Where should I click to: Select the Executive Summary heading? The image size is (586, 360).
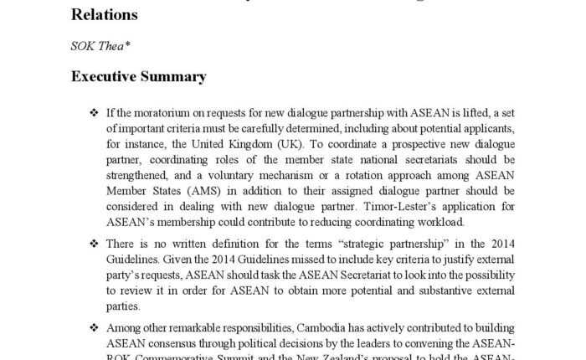tap(138, 77)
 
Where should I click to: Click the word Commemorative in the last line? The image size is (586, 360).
tap(193, 355)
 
